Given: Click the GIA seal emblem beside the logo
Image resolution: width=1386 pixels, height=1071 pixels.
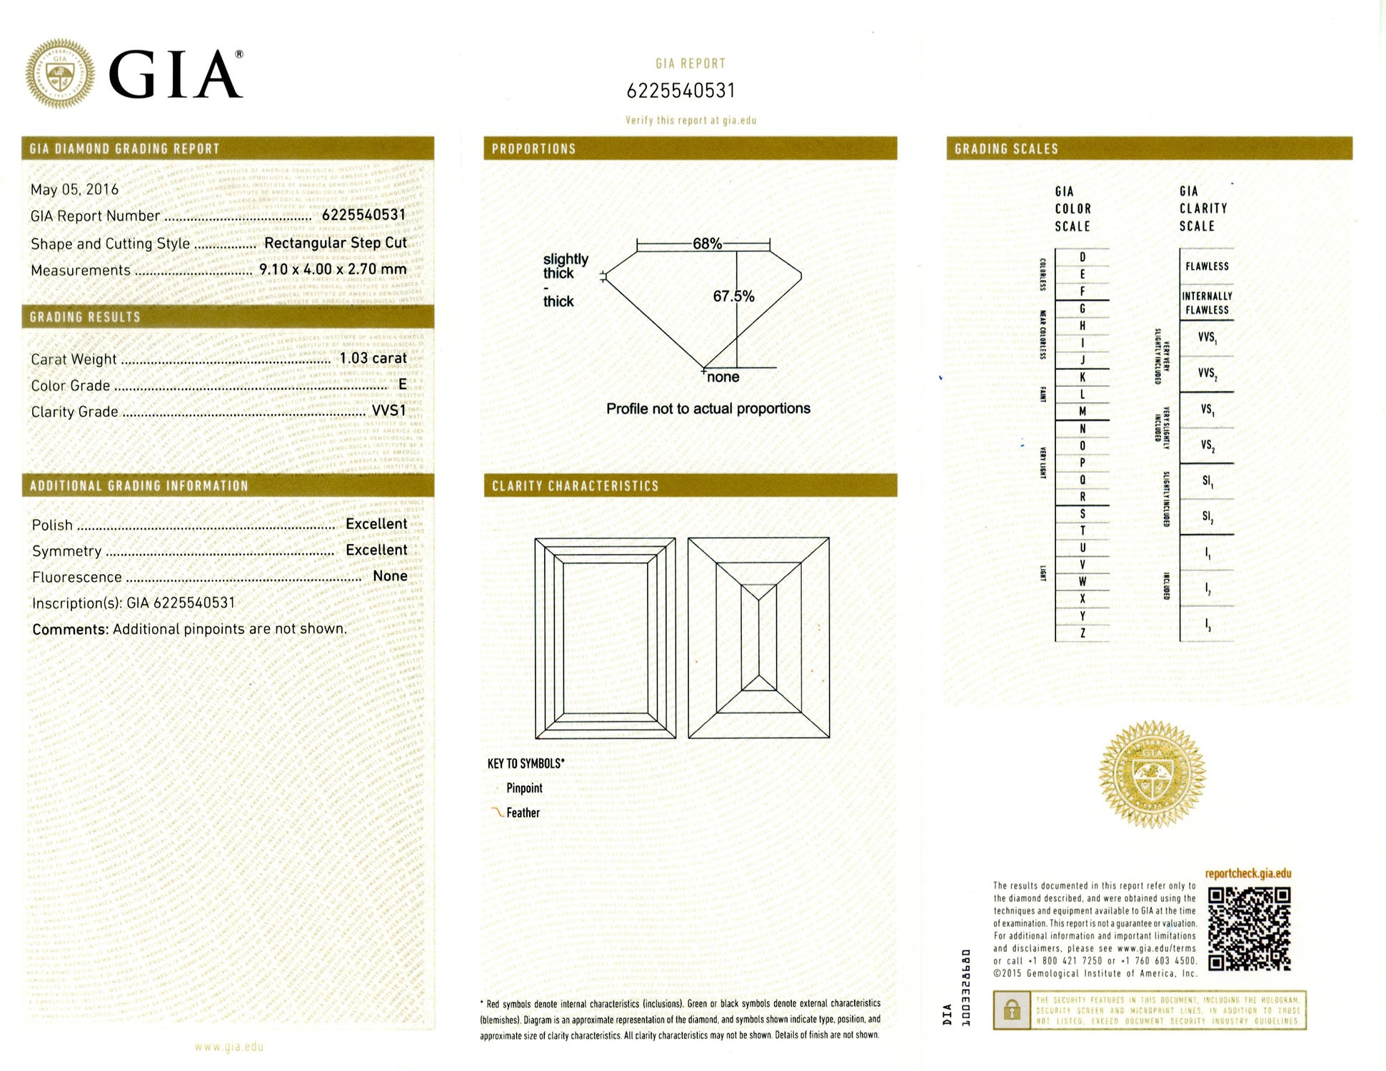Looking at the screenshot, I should [x=60, y=74].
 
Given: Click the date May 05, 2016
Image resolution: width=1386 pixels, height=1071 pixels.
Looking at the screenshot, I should [x=74, y=189].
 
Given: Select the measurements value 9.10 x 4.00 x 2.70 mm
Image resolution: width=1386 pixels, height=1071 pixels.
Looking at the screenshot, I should [x=332, y=269].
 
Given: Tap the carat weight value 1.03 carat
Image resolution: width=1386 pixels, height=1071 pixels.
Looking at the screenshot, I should [x=373, y=358].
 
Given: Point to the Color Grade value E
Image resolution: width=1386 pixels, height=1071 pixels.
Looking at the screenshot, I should [x=402, y=384].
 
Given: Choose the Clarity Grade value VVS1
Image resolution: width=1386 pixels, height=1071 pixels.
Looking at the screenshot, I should [x=388, y=411].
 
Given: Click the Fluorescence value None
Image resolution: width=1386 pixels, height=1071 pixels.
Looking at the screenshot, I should [x=390, y=576].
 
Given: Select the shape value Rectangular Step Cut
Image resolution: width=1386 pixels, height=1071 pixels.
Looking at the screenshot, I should [x=335, y=243].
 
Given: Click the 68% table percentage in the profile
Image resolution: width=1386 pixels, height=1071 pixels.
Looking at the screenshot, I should [x=707, y=243].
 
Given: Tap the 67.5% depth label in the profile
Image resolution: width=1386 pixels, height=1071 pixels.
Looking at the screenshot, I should [x=733, y=296].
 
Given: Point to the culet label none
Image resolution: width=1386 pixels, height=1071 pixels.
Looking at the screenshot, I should [x=723, y=377].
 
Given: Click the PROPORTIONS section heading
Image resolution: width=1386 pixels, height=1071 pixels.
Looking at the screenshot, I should [x=533, y=149].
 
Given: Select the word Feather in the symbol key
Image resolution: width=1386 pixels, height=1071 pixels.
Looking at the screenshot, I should [x=523, y=813].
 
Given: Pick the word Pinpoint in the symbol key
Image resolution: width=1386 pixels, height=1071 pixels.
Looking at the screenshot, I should [x=524, y=788].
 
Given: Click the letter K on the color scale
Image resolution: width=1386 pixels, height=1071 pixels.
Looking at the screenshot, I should [x=1083, y=377].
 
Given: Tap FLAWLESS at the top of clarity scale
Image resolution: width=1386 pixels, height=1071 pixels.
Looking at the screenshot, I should [x=1207, y=266].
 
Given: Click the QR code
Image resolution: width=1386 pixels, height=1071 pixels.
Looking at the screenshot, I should [x=1249, y=928].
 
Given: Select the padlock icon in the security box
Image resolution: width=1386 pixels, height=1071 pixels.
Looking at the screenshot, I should [x=1011, y=1010].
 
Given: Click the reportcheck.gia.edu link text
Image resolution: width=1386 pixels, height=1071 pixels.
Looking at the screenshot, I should [x=1248, y=873].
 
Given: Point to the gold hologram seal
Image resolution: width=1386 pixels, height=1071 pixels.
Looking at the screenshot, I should [x=1152, y=774].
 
